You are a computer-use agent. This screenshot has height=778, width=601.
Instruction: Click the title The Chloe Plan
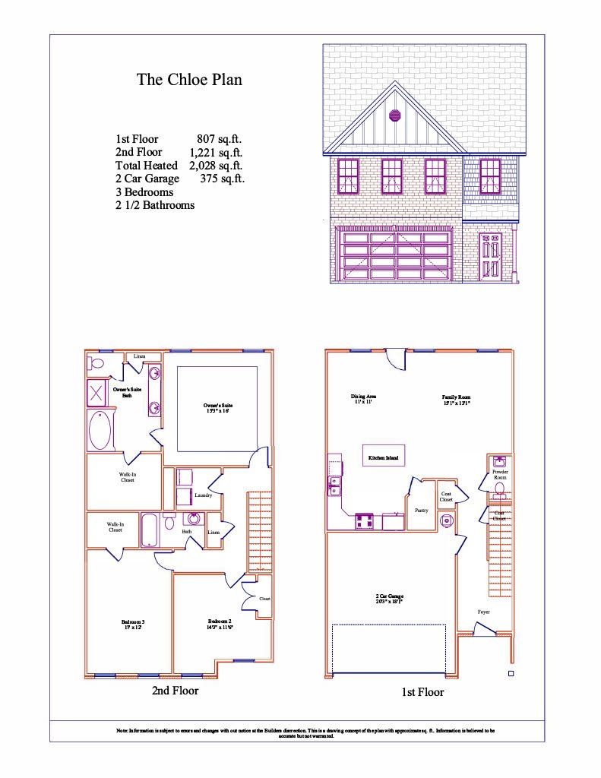189,80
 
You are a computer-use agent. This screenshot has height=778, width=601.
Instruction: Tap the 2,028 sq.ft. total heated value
217,166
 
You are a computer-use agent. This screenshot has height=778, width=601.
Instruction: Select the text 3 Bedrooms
144,192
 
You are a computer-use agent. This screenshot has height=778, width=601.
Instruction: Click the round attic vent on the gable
394,115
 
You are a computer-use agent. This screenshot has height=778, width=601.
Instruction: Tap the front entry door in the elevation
490,255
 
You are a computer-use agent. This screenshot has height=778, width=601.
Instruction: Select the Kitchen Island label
383,458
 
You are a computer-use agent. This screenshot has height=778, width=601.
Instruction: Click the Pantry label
421,511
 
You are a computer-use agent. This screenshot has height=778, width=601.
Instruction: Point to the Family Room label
457,400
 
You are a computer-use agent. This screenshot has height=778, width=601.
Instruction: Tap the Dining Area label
363,399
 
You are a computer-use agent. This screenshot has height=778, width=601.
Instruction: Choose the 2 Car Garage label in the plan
389,598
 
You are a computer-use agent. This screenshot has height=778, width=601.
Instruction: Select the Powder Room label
500,475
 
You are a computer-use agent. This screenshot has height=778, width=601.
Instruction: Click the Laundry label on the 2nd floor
203,495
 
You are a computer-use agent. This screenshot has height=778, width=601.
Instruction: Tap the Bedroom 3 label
133,625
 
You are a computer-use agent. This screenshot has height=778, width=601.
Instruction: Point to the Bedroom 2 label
220,625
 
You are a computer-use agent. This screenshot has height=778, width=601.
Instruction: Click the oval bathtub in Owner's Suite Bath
100,431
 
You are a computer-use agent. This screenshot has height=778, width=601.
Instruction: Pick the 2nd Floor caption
176,691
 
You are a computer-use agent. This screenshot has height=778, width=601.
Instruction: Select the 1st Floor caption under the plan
422,692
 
